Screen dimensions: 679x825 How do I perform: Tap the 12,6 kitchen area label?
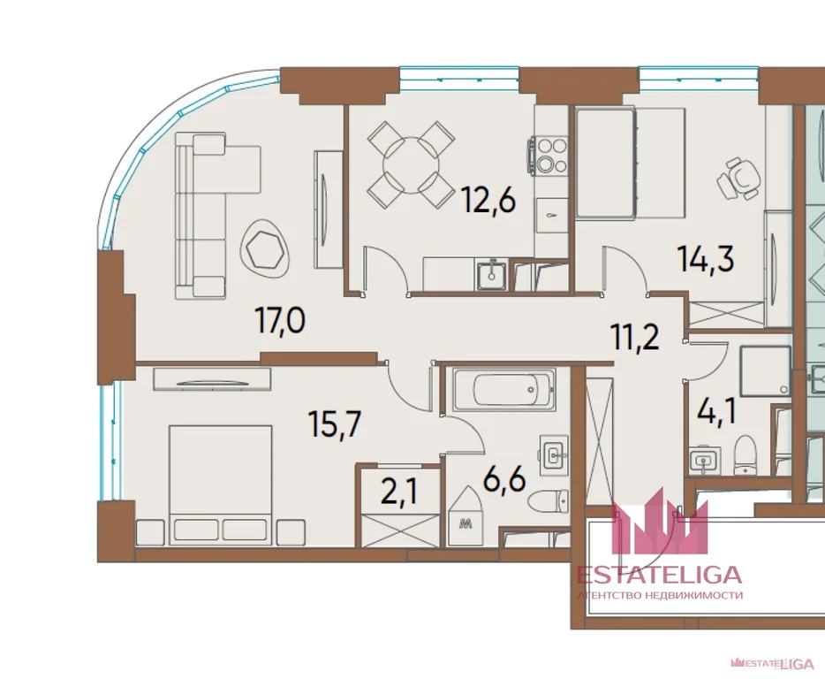(488, 202)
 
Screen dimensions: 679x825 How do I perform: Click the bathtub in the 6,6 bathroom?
(503, 387)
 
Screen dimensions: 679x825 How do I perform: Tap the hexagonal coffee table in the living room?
(268, 250)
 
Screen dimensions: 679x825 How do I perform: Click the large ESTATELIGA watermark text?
(659, 575)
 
